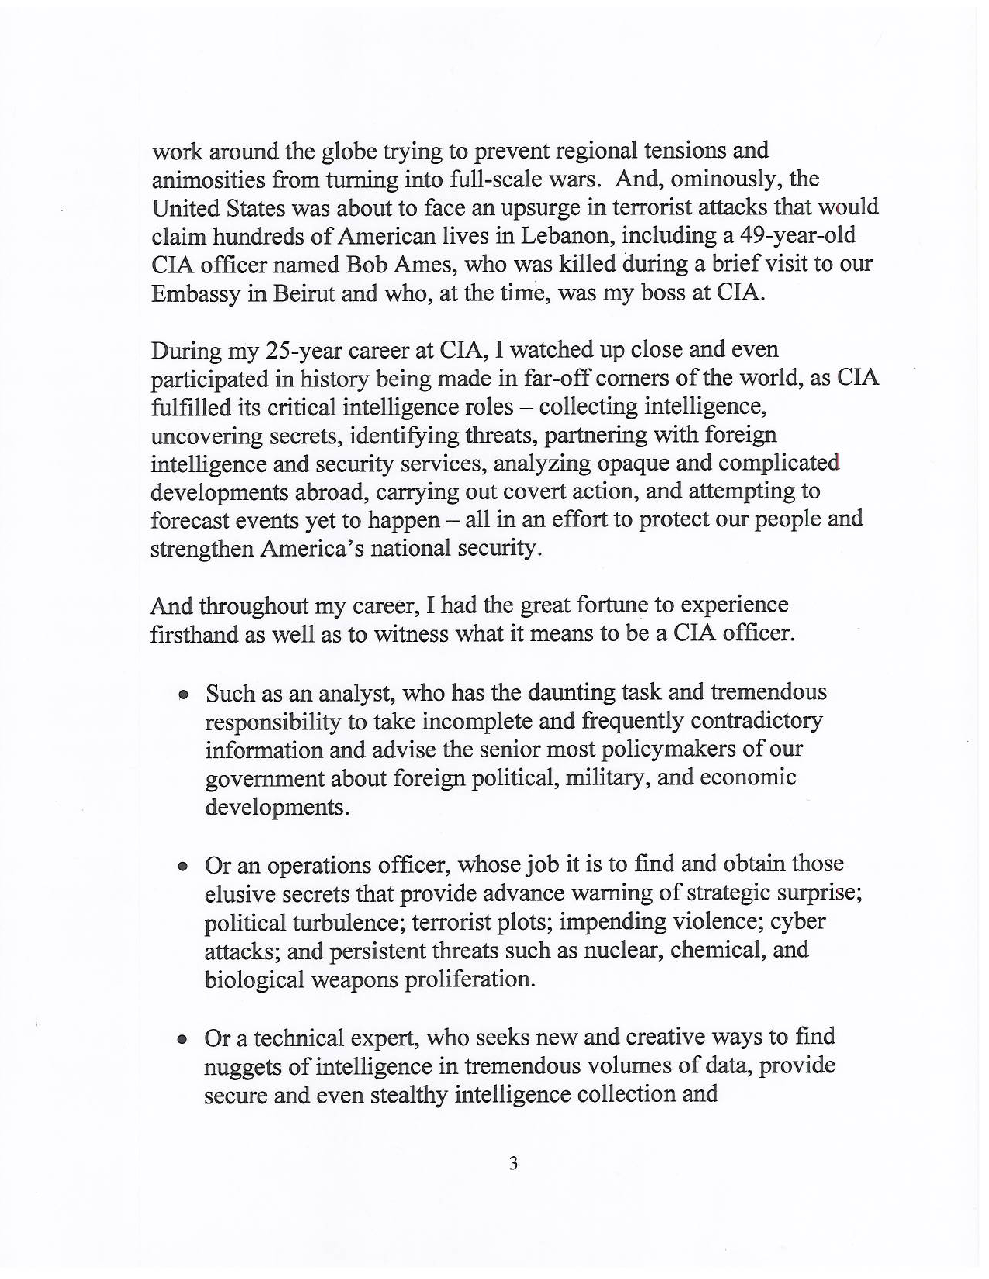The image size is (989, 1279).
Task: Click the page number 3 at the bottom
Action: [x=513, y=1164]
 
